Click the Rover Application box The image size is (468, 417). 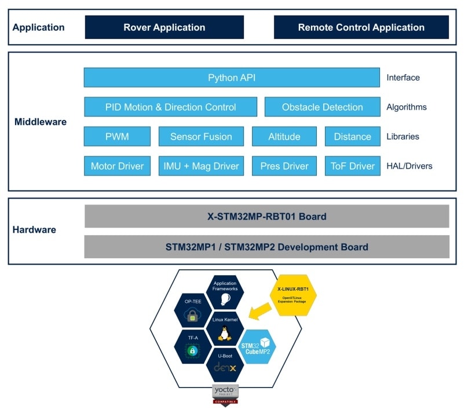coord(164,27)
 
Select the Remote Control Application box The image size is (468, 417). coord(361,27)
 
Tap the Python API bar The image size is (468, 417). coord(232,78)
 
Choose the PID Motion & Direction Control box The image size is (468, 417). coord(170,107)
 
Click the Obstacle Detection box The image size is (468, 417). coord(322,107)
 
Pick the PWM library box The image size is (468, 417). coord(117,137)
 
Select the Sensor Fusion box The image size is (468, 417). coord(201,137)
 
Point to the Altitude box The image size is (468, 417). coord(284,137)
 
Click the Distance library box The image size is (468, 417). coord(352,137)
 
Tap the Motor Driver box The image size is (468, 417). coord(117,166)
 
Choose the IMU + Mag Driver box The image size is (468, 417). coord(201,166)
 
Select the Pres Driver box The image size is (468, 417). coord(284,166)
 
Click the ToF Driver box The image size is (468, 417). coord(352,166)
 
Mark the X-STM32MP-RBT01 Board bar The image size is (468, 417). coord(266,217)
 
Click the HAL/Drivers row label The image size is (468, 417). coord(409,166)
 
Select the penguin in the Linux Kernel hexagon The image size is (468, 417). coord(225,334)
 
